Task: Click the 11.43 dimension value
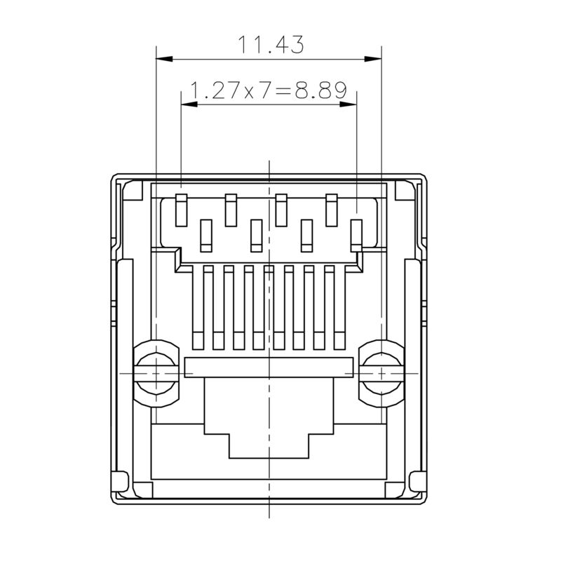click(x=270, y=45)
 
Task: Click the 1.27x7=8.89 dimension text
click(x=269, y=90)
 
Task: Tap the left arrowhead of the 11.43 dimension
click(x=160, y=58)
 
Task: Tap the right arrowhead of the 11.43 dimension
click(x=377, y=58)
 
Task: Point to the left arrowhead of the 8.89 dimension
click(x=187, y=104)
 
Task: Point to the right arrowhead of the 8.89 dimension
click(x=353, y=104)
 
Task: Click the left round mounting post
click(x=156, y=373)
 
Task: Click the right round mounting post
click(x=381, y=373)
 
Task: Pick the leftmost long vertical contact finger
click(x=197, y=307)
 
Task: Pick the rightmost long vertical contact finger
click(x=339, y=307)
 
